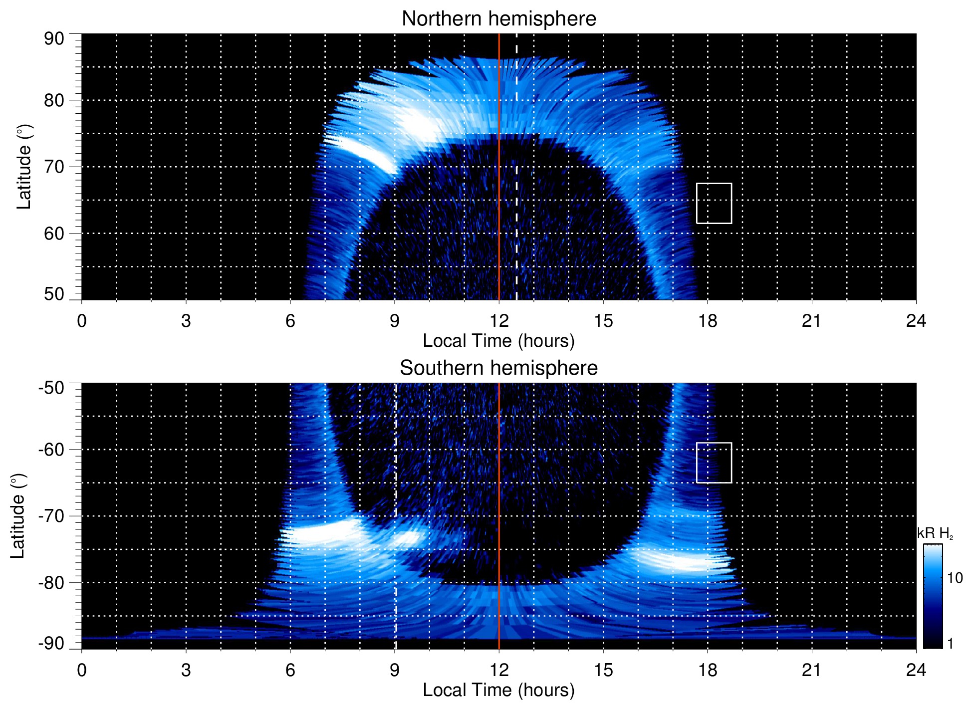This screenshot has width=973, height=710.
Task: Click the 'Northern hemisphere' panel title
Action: [x=498, y=19]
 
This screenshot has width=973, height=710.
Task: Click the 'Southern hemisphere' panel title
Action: [x=498, y=368]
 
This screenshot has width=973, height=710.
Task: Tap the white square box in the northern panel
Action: [x=714, y=203]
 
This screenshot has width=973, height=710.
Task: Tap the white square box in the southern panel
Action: [x=714, y=463]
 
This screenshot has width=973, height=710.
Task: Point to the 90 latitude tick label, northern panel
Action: [x=54, y=39]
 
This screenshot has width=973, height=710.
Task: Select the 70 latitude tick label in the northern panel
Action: [x=54, y=167]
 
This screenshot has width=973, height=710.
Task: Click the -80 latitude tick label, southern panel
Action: [x=51, y=583]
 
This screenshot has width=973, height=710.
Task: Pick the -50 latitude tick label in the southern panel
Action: [x=51, y=388]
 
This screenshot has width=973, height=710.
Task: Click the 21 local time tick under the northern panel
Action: [x=811, y=321]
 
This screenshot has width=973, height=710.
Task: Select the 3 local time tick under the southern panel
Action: [x=186, y=670]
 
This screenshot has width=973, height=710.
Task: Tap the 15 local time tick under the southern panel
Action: [x=603, y=670]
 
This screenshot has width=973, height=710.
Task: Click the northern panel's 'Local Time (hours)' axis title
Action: [x=498, y=341]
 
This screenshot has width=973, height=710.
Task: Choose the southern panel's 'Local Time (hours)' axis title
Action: [x=498, y=690]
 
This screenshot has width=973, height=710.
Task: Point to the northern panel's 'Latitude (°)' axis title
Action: [x=24, y=167]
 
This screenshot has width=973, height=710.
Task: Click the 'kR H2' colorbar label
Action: [x=935, y=533]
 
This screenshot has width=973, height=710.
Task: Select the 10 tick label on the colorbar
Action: [x=955, y=578]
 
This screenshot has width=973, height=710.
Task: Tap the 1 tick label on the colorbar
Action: [x=950, y=644]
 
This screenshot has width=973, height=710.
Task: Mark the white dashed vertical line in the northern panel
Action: [x=516, y=165]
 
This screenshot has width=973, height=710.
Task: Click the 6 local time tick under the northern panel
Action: [x=290, y=321]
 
